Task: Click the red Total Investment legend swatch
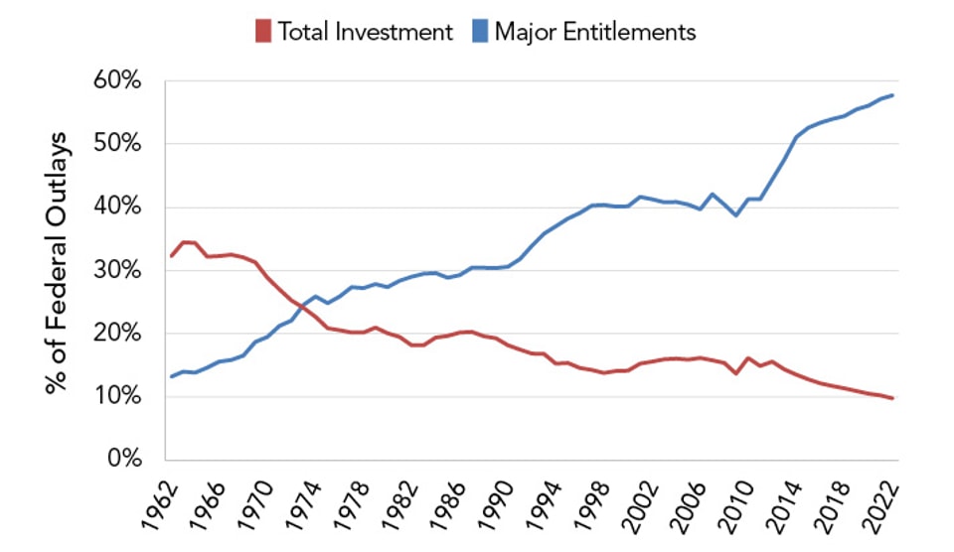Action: click(x=263, y=32)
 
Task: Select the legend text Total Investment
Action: click(x=364, y=32)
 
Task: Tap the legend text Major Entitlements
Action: click(x=595, y=32)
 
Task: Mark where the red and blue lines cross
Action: click(x=302, y=306)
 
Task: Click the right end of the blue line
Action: click(x=891, y=95)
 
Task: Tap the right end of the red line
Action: click(x=891, y=398)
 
